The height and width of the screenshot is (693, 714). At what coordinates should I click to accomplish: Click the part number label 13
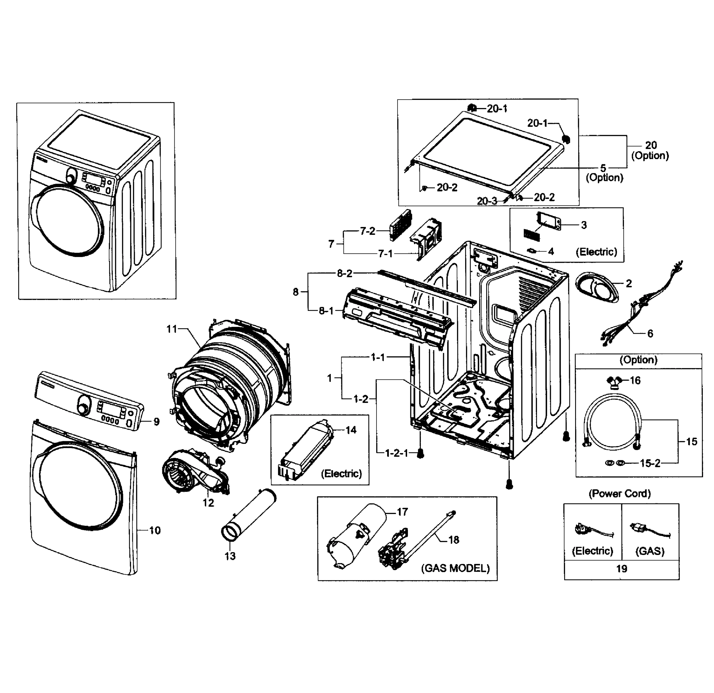pos(230,556)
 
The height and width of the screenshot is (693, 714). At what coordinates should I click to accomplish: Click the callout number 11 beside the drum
pos(171,329)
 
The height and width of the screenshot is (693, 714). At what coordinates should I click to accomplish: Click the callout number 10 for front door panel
pos(155,530)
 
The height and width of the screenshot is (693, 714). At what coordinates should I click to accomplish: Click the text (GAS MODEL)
pos(455,568)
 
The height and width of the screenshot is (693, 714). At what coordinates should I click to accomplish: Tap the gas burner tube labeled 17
pos(357,535)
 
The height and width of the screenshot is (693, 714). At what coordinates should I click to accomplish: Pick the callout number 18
pos(454,540)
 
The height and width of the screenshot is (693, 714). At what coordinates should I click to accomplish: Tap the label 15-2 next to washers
pos(650,463)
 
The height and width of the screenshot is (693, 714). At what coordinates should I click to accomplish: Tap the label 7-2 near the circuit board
pos(367,231)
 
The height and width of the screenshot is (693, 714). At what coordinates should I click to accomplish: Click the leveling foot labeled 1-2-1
pos(420,454)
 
